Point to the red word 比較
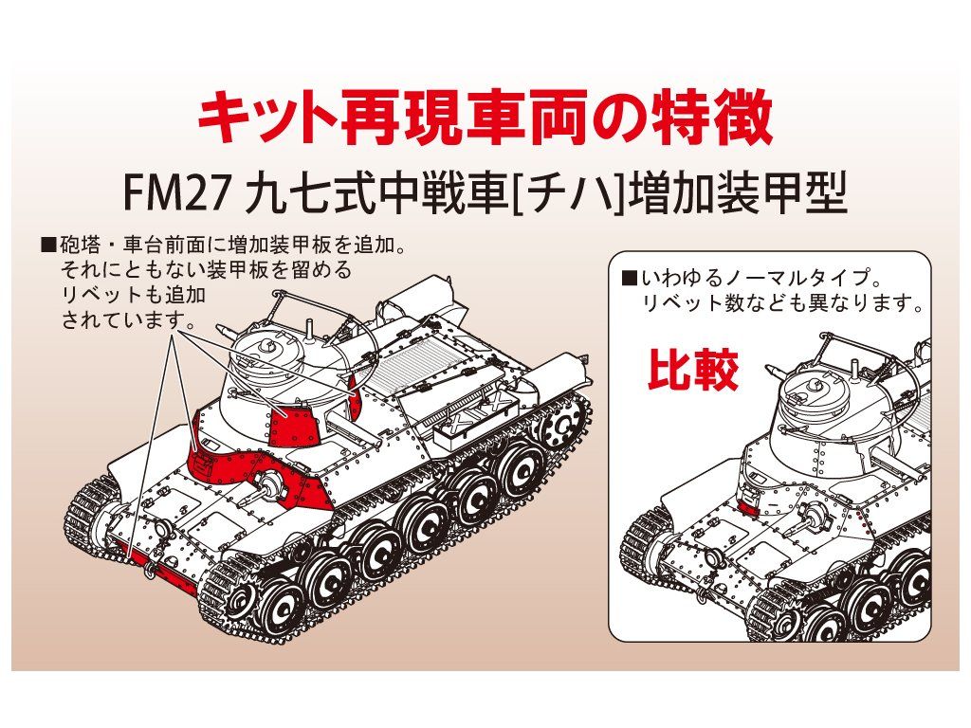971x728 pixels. click(x=692, y=373)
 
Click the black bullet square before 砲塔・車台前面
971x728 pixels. click(x=48, y=246)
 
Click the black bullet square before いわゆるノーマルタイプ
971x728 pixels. click(x=629, y=280)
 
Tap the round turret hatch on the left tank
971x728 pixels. click(x=266, y=342)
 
